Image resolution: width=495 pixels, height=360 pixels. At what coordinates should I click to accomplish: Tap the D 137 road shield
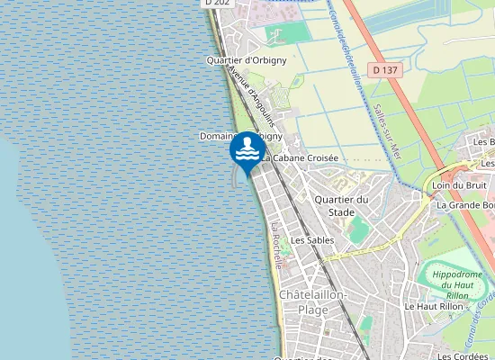coord(384,69)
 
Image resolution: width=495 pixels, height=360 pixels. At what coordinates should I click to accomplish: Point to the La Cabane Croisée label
coord(301,157)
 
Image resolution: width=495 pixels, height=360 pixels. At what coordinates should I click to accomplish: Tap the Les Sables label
coord(312,240)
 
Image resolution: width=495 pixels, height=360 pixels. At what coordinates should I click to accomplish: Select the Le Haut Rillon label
coord(432,306)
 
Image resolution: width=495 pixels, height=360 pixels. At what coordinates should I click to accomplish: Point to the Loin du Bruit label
coord(453,185)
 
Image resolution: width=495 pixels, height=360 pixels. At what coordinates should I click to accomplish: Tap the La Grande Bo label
coord(465,205)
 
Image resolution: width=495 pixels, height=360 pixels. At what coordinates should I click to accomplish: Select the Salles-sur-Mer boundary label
coord(383,130)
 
